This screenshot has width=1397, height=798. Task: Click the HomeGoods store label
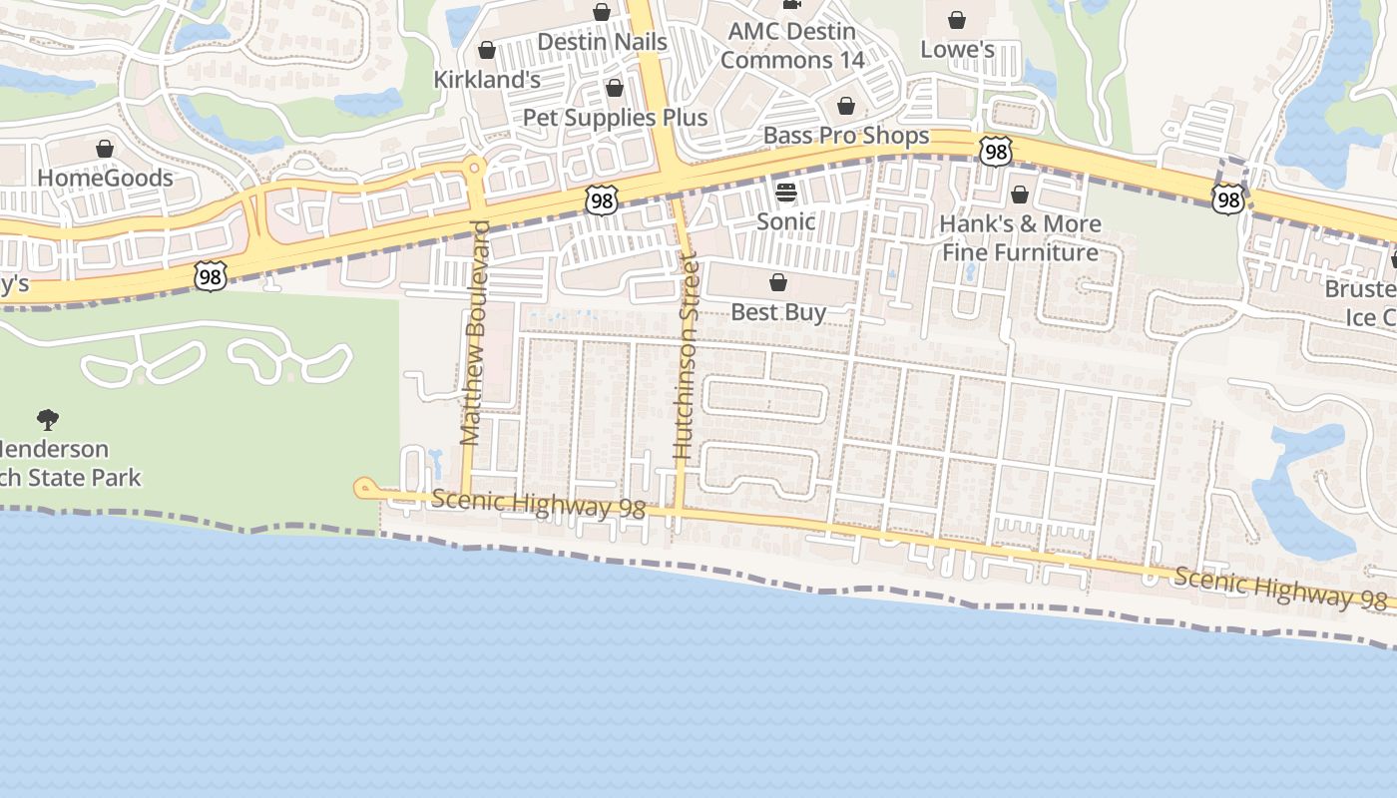click(x=105, y=179)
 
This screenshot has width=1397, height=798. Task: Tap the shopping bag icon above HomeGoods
click(x=105, y=149)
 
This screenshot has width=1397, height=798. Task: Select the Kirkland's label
click(x=487, y=79)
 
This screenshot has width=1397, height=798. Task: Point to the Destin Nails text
click(x=602, y=42)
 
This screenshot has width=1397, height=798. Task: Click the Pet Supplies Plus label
click(x=615, y=118)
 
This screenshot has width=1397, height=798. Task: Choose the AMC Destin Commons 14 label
click(x=792, y=46)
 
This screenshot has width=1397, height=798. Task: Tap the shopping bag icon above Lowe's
click(x=957, y=20)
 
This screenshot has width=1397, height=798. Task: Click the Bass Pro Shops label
click(x=846, y=136)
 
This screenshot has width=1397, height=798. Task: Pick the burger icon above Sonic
click(x=786, y=192)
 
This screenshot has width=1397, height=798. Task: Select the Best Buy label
click(x=778, y=312)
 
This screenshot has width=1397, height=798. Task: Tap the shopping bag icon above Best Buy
click(x=778, y=283)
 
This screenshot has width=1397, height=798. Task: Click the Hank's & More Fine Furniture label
click(x=1020, y=237)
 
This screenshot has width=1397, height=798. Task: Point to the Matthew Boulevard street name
click(x=475, y=332)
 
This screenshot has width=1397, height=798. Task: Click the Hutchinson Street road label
click(x=686, y=357)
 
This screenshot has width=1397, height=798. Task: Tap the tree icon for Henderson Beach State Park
click(x=47, y=419)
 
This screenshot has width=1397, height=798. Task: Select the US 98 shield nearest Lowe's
click(x=995, y=152)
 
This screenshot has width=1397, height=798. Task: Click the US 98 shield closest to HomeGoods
click(x=211, y=276)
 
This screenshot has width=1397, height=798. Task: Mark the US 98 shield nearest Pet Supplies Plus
click(x=602, y=201)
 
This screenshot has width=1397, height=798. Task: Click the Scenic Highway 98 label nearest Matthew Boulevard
click(x=539, y=504)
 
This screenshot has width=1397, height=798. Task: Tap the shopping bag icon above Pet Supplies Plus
click(x=615, y=88)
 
